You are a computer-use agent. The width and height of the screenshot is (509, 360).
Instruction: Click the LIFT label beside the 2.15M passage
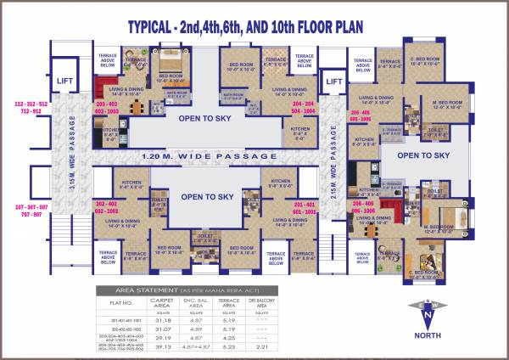click(x=334, y=82)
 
